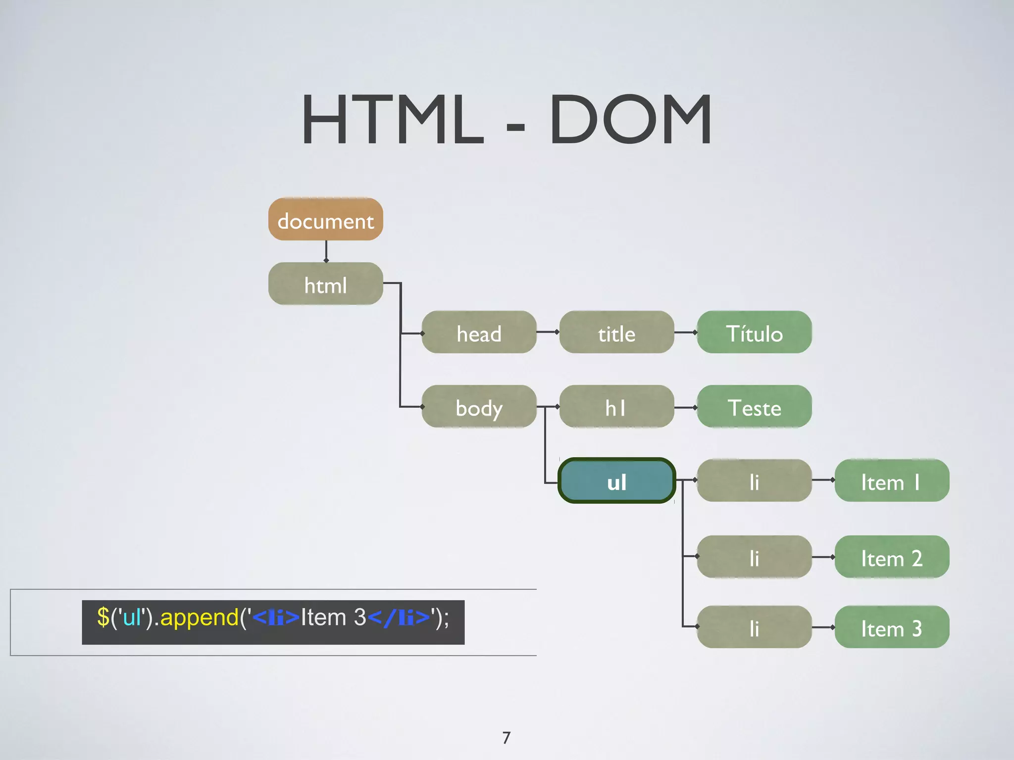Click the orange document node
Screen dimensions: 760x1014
[325, 219]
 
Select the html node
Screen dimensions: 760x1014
[325, 284]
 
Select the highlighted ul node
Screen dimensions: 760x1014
[616, 480]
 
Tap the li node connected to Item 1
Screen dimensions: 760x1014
[754, 480]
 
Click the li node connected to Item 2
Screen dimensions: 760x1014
[754, 557]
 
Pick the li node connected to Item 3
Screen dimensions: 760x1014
[754, 627]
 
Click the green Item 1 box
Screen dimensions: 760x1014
[892, 480]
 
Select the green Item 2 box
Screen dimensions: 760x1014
[892, 557]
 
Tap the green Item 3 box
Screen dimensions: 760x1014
[892, 627]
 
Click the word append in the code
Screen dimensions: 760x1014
[200, 617]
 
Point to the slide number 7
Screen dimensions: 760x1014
[506, 738]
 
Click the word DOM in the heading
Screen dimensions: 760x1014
[630, 120]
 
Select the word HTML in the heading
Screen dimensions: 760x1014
[393, 120]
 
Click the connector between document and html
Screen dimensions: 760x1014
[326, 251]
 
